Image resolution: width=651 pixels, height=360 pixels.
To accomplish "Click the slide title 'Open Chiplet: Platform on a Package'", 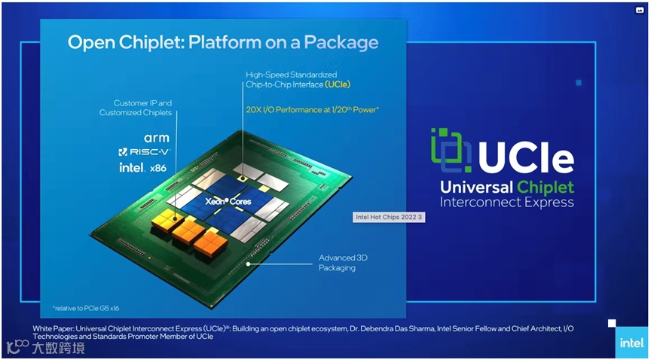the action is click(223, 41).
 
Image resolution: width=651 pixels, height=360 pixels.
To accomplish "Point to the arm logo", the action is click(156, 138).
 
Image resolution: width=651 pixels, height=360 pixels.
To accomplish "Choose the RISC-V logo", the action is click(145, 152).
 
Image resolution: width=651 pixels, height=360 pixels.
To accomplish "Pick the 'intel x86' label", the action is click(142, 167).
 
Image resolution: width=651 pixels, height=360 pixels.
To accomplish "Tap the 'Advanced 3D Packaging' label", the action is click(343, 263).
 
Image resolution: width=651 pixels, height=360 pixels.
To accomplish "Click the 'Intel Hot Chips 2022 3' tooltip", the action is click(389, 218).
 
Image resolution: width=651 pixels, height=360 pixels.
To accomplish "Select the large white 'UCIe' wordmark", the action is click(526, 157).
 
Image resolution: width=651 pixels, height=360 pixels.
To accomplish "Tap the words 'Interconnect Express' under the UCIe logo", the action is click(506, 203).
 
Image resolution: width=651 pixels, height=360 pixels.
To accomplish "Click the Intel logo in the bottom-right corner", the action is click(631, 343).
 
